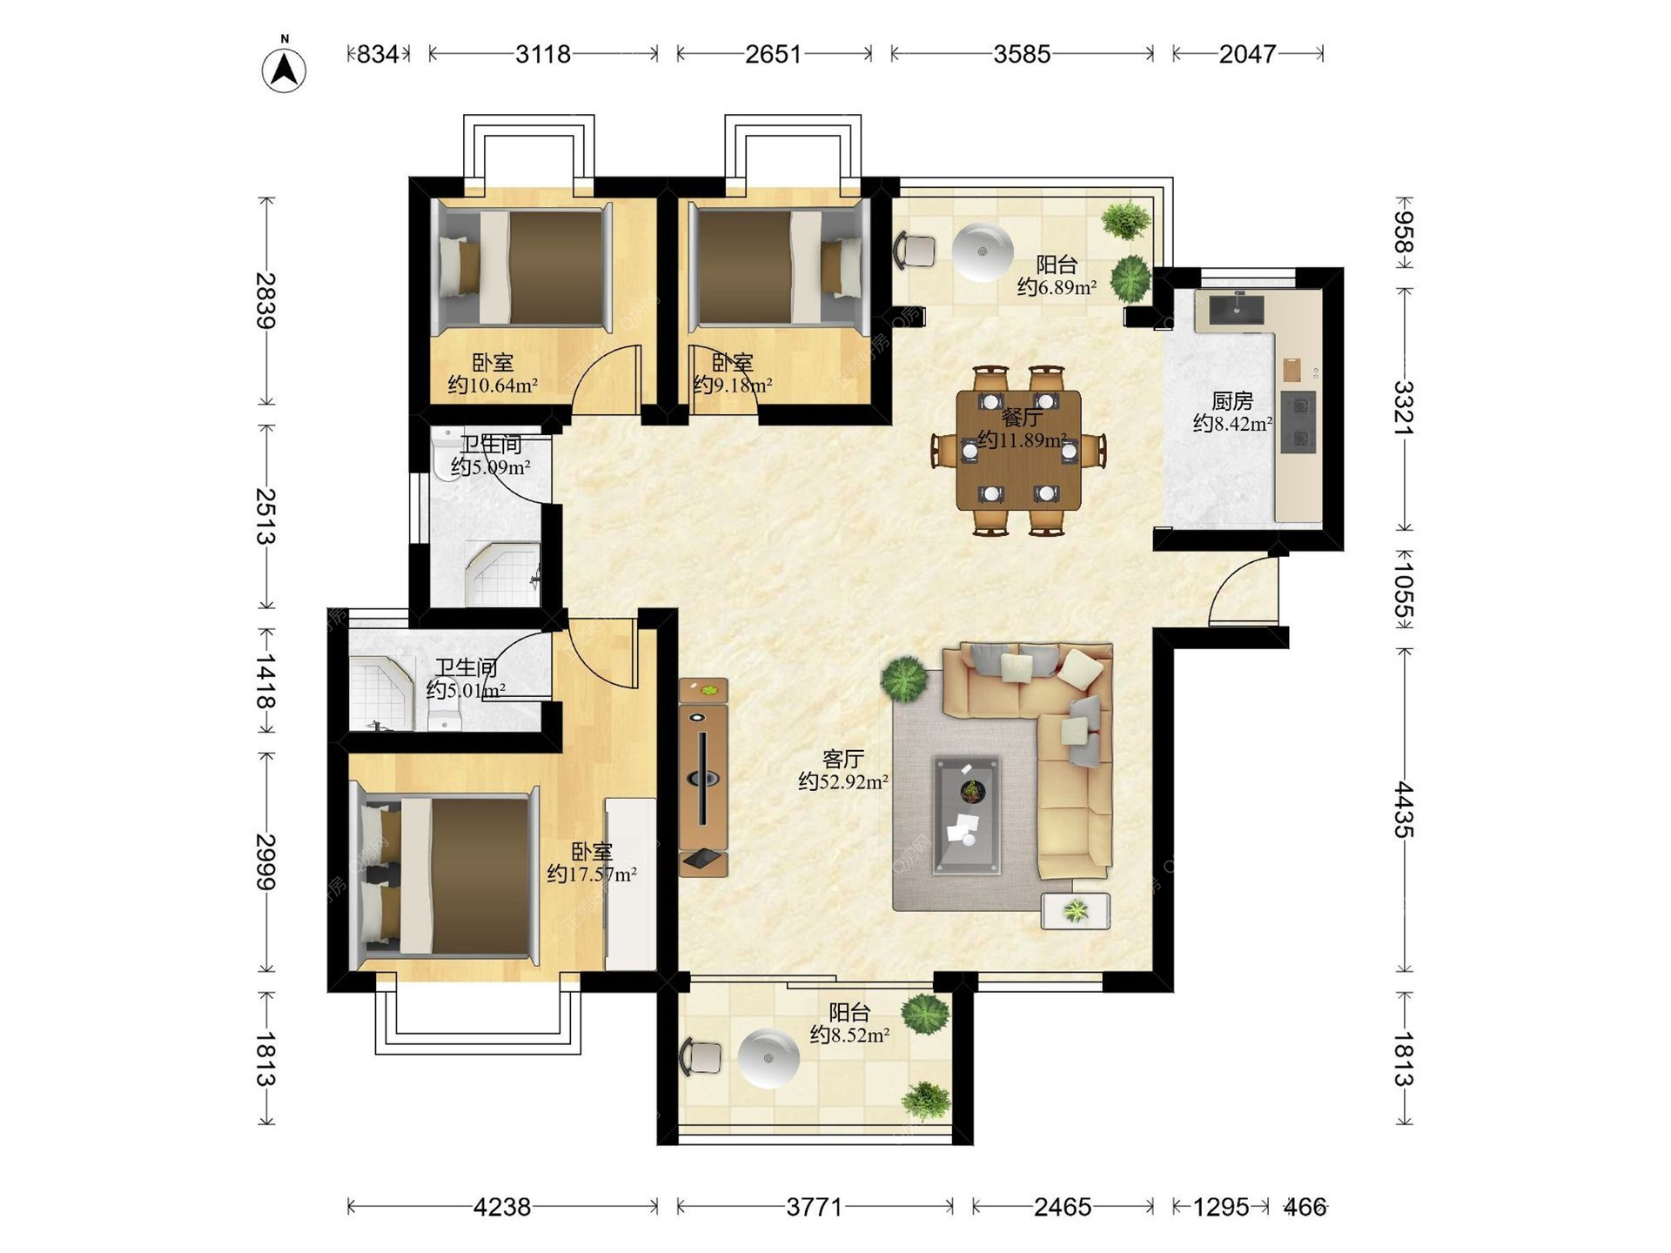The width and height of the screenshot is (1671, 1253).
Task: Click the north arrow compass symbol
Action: tap(284, 67)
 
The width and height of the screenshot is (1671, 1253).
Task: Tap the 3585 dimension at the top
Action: tap(1022, 54)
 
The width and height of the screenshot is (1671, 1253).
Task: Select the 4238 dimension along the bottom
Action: tap(502, 1207)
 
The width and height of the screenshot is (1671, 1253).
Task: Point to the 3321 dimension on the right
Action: tap(1403, 407)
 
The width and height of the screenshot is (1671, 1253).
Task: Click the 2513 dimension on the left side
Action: tap(266, 516)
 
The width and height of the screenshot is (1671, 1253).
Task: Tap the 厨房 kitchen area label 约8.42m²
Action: tap(1232, 424)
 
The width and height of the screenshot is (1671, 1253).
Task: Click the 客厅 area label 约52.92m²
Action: tap(843, 781)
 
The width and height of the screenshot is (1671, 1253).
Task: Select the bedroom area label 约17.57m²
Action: tap(592, 874)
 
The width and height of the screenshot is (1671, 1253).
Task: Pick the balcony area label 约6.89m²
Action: tap(1057, 287)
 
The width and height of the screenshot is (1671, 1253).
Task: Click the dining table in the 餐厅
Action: tap(1018, 450)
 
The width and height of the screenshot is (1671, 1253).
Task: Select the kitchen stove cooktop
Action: tap(1298, 422)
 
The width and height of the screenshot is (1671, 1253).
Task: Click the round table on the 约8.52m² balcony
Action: tap(768, 1058)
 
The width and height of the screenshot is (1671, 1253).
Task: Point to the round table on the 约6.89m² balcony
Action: tap(983, 252)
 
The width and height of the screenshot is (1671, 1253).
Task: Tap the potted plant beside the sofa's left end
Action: tap(904, 679)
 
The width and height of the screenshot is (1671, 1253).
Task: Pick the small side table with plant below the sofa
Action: tap(1076, 911)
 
